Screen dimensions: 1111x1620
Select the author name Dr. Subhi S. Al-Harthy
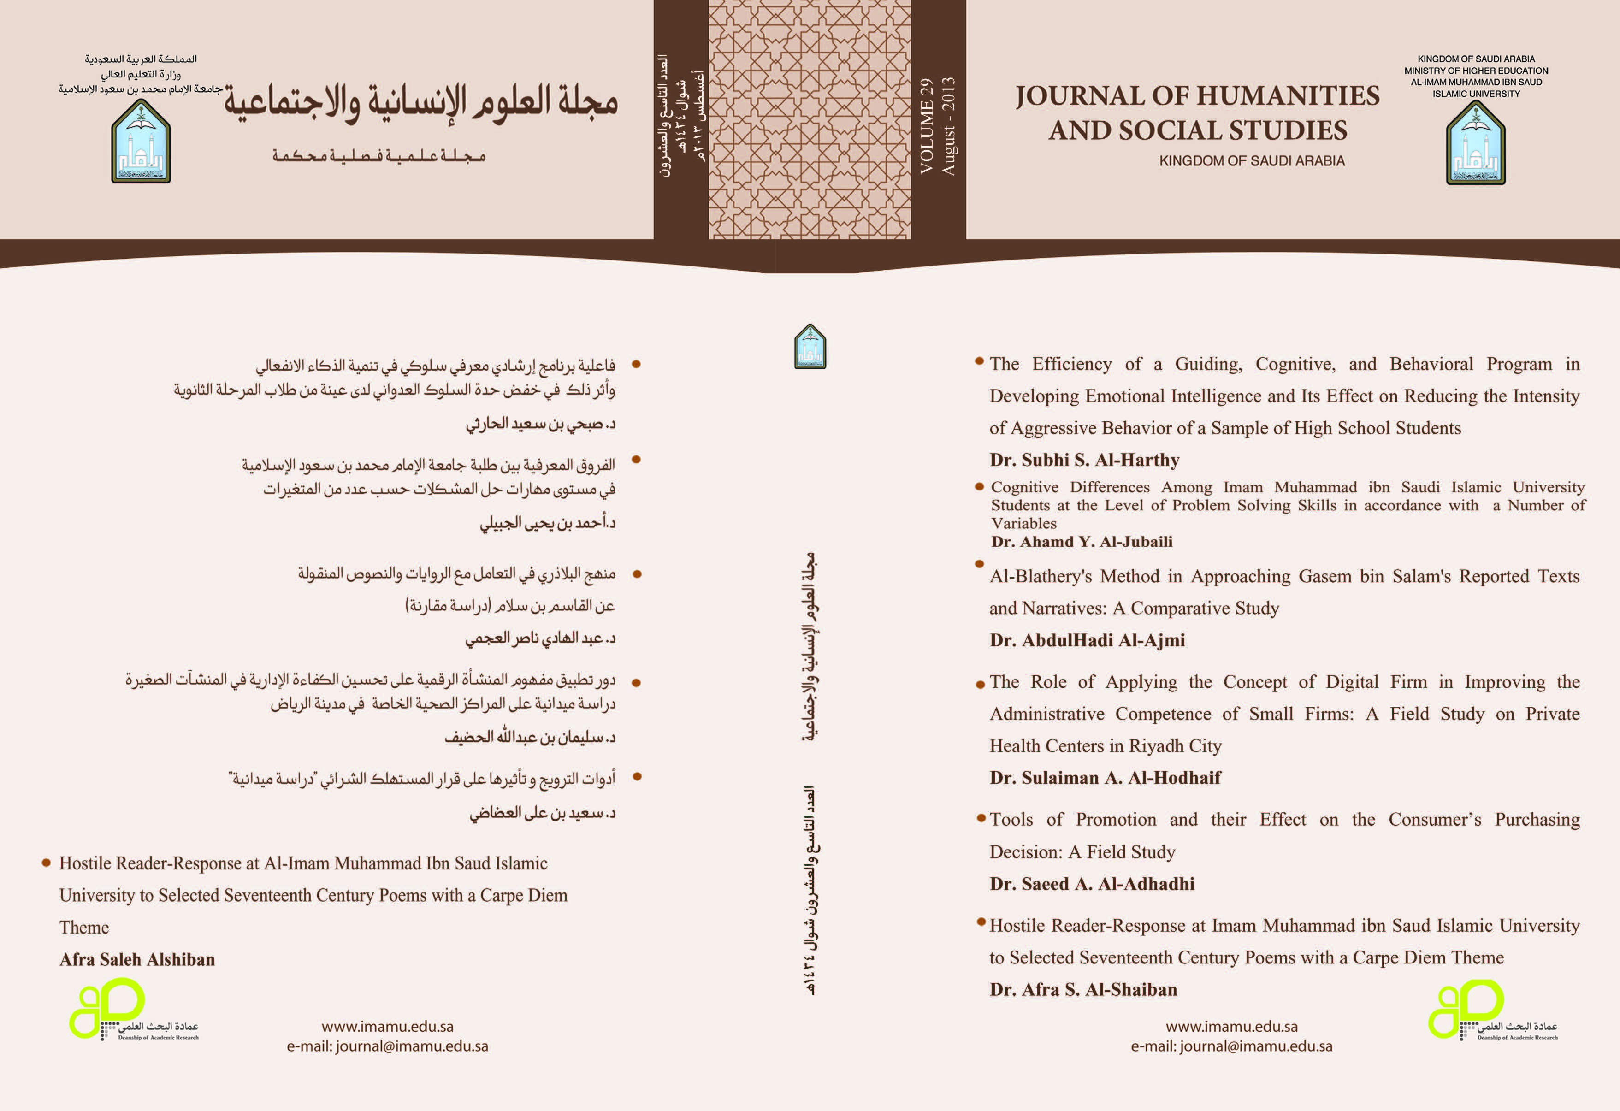[x=1084, y=460]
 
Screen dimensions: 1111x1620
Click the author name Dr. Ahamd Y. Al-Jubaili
[x=1081, y=542]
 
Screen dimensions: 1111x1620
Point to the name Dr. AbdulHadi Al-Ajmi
[x=1087, y=640]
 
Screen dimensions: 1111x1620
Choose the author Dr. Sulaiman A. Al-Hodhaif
[x=1105, y=778]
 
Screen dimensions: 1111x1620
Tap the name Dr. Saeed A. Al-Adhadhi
[x=1092, y=884]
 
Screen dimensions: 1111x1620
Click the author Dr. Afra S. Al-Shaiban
[x=1082, y=990]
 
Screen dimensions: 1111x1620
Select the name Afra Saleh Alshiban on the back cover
[x=137, y=960]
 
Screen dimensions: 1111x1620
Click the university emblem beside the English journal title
[x=1476, y=143]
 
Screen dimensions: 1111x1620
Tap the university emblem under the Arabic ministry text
[x=141, y=142]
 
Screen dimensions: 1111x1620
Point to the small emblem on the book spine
[x=810, y=346]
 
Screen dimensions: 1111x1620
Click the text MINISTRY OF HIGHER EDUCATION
[x=1476, y=71]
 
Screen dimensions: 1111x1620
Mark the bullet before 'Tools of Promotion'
[x=980, y=817]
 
